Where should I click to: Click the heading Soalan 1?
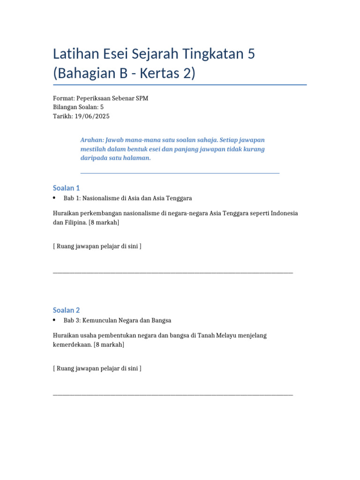coord(67,188)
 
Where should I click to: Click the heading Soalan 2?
coord(67,310)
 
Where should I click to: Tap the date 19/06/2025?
coord(92,116)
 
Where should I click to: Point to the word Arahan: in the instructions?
coord(92,140)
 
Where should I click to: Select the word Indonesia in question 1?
coord(282,213)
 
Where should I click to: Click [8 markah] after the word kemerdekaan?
coord(109,345)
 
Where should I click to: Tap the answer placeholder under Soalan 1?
coord(97,246)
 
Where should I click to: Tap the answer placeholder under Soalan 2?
coord(97,368)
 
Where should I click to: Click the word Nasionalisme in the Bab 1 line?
coord(101,198)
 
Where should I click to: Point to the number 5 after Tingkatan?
coord(251,54)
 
